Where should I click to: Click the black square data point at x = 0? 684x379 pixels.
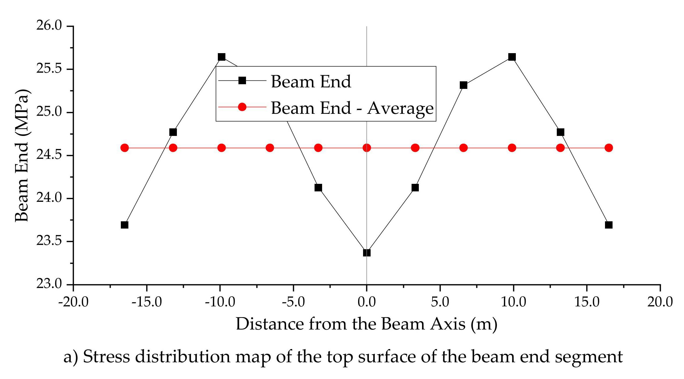[x=367, y=253]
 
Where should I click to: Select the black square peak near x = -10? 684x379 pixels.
[x=221, y=57]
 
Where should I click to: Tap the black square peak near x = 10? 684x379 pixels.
[x=512, y=57]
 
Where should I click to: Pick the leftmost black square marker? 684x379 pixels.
[x=125, y=225]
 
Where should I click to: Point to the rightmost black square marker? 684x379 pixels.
[x=609, y=225]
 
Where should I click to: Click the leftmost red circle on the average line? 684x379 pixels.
[x=125, y=148]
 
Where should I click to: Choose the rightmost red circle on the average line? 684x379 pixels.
[x=609, y=148]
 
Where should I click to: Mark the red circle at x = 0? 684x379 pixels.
[x=367, y=148]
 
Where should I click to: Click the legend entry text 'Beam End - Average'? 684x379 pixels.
[x=352, y=108]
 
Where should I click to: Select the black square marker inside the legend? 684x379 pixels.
[x=242, y=80]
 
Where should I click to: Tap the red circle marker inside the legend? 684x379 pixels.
[x=242, y=107]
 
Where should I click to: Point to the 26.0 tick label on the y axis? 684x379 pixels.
[x=49, y=26]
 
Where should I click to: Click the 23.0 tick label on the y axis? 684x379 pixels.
[x=49, y=284]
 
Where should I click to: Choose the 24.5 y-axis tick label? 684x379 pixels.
[x=49, y=155]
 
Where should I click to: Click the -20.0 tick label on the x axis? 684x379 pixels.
[x=73, y=302]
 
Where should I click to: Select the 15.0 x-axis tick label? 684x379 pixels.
[x=587, y=302]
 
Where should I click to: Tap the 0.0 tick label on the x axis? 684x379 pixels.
[x=367, y=302]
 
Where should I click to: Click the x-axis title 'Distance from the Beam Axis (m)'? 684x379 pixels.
[x=367, y=324]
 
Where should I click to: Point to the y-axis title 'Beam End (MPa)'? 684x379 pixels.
[x=22, y=155]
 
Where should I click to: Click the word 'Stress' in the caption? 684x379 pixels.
[x=106, y=356]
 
